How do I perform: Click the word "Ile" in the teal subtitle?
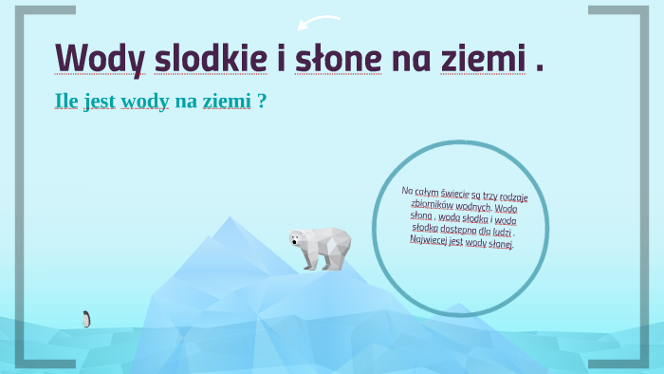pyautogui.click(x=66, y=101)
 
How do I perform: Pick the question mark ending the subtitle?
pyautogui.click(x=262, y=101)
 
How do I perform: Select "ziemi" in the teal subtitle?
pyautogui.click(x=226, y=101)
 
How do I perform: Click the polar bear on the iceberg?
pyautogui.click(x=321, y=247)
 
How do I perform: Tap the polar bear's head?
pyautogui.click(x=299, y=238)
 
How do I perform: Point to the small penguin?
pyautogui.click(x=86, y=319)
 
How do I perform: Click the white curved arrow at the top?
pyautogui.click(x=319, y=21)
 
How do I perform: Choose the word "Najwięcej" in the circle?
pyautogui.click(x=432, y=237)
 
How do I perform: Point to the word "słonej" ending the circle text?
pyautogui.click(x=498, y=244)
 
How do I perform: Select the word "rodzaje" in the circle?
pyautogui.click(x=515, y=199)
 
